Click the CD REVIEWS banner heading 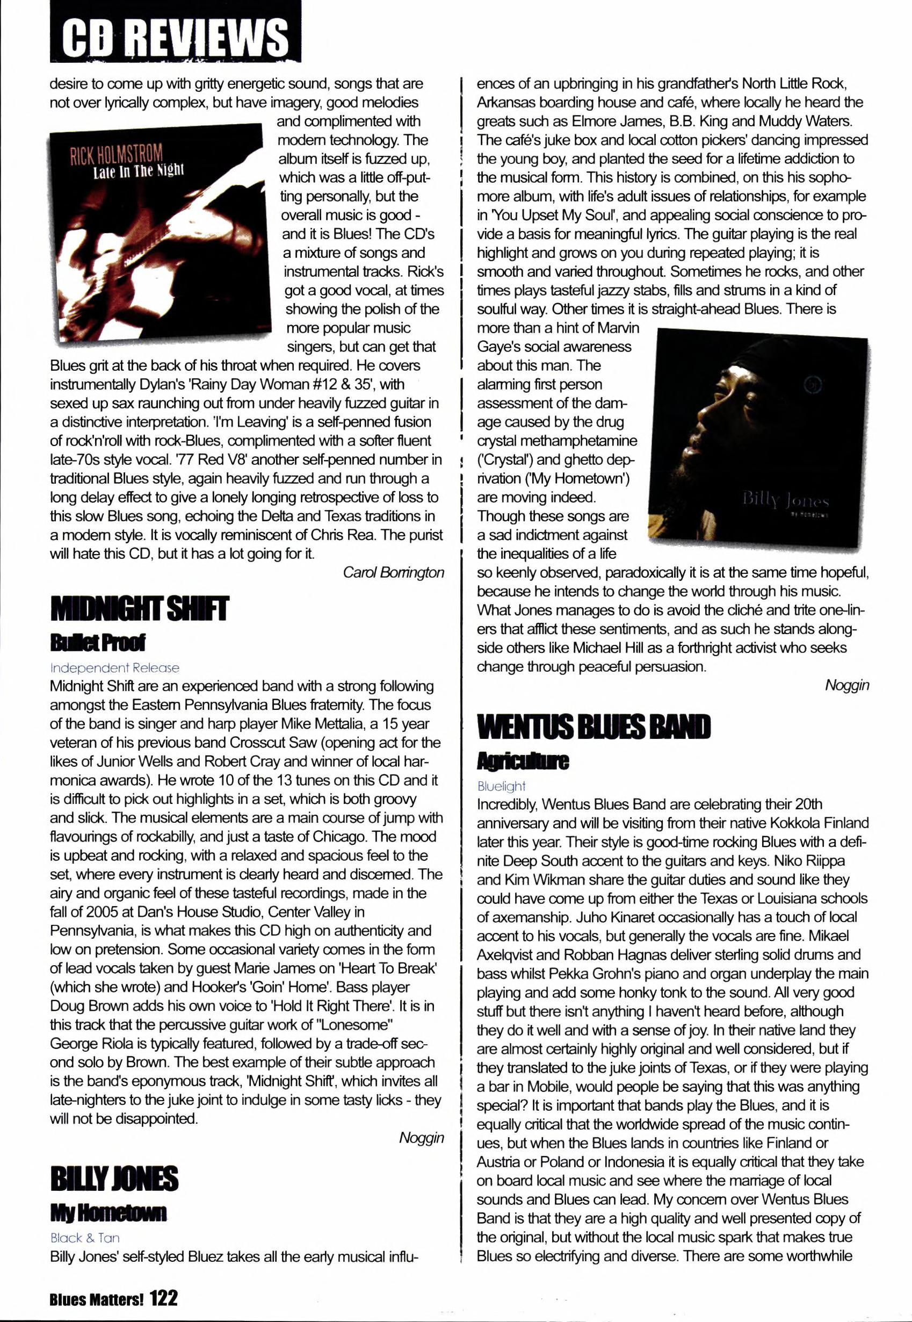(176, 36)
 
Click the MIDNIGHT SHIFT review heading (140, 608)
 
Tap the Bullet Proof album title (98, 643)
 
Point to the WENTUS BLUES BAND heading (593, 727)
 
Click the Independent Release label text (114, 668)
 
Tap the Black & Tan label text (85, 1238)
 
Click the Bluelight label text (501, 786)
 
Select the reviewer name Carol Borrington (393, 572)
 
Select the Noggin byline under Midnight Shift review (421, 1138)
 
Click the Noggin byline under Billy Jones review (847, 686)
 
